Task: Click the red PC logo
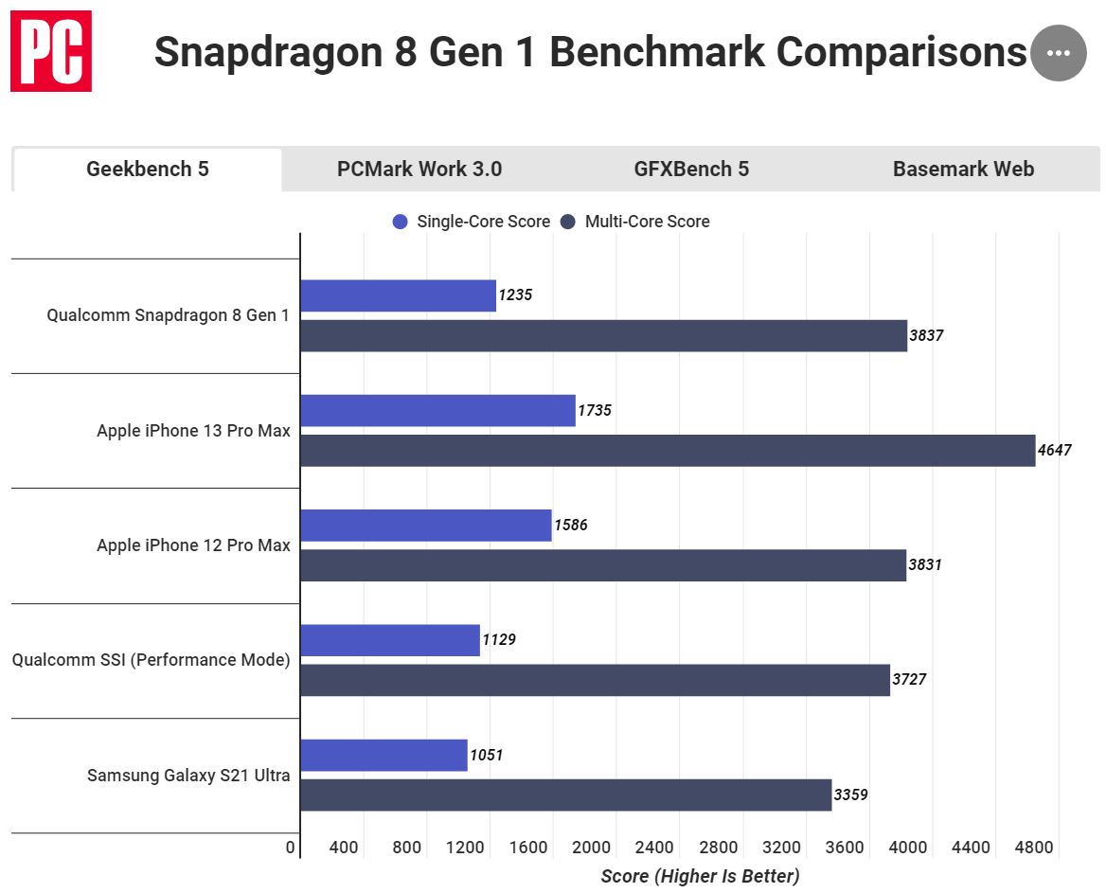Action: pos(51,51)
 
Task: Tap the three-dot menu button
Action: pos(1058,53)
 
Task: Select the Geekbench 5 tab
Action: pos(148,170)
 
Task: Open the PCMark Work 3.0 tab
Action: pos(419,170)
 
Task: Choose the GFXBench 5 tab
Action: pos(691,170)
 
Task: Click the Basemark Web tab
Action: pos(963,170)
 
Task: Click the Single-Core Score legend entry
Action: pos(472,222)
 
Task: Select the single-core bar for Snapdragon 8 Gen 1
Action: pos(398,295)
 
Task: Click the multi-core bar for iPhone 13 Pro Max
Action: pos(668,451)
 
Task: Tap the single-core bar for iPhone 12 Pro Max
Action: pos(426,526)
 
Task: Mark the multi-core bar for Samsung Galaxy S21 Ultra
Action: pos(565,795)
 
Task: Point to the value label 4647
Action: pos(1054,451)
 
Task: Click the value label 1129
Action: pos(499,640)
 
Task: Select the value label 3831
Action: pos(925,565)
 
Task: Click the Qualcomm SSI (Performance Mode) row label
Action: pos(151,660)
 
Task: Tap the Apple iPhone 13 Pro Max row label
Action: pos(193,431)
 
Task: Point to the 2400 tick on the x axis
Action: pos(654,848)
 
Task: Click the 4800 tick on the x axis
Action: pos(1033,848)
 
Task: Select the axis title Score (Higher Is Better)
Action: pos(700,876)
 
